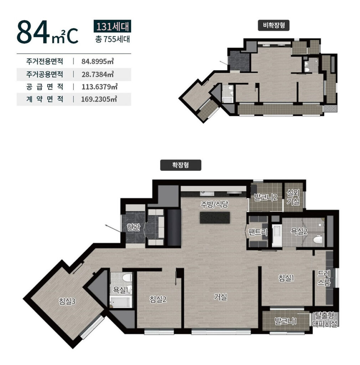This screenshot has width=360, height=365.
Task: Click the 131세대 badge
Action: point(112,26)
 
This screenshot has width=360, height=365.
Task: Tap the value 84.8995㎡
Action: point(98,61)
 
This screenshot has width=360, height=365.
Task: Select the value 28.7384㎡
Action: point(98,74)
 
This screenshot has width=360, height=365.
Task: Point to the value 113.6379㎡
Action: point(99,87)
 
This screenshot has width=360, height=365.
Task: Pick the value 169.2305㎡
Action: point(99,99)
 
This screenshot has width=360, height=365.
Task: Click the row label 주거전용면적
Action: point(45,61)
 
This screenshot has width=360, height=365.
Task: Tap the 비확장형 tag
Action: point(274,25)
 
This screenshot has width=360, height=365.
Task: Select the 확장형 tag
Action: point(181,165)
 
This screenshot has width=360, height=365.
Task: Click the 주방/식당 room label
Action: point(214,204)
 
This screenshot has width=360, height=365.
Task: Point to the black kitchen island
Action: point(215,218)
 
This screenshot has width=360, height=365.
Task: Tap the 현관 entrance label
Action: point(133,227)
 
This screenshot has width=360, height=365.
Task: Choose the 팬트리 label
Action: point(258,232)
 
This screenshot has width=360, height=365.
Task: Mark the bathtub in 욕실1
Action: point(121,302)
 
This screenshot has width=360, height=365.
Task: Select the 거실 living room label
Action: point(220,297)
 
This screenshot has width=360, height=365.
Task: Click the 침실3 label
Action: point(67,302)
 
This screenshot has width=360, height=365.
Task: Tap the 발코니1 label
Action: point(285,322)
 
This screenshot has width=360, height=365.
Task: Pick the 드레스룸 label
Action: point(324,278)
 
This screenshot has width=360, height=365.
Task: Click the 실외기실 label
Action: point(293,197)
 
